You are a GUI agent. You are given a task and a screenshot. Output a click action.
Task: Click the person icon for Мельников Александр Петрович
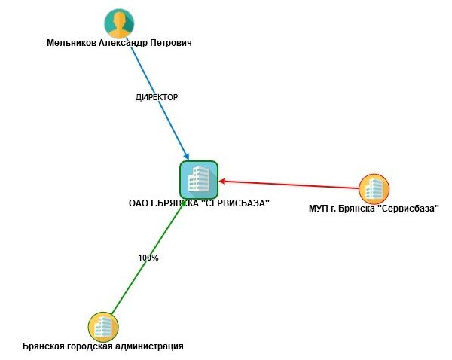(119, 23)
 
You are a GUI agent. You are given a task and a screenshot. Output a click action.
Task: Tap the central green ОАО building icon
(199, 179)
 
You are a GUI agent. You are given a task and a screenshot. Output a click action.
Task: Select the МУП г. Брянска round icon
(374, 189)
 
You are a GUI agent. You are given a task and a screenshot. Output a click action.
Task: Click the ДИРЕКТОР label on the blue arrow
(156, 97)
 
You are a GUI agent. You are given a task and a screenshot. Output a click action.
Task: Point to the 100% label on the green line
(148, 258)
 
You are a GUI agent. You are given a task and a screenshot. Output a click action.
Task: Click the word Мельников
(72, 43)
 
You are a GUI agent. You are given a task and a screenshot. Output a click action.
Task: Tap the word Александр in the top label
(123, 43)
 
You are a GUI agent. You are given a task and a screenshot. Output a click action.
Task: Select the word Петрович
(171, 43)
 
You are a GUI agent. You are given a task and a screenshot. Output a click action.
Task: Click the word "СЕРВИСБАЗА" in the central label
(235, 203)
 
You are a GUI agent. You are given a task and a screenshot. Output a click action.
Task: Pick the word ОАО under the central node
(139, 203)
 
